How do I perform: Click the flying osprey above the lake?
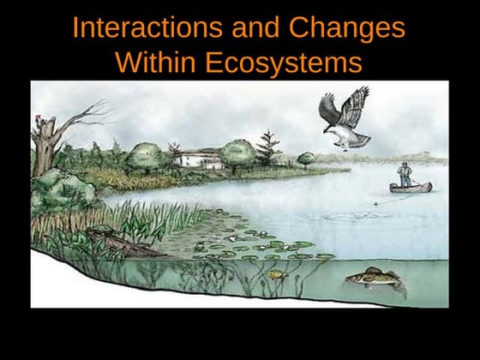(345, 118)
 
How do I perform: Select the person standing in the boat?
(405, 173)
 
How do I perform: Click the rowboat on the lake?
(411, 187)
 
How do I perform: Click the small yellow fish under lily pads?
(275, 275)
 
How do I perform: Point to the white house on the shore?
(197, 159)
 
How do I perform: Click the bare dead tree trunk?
(45, 146)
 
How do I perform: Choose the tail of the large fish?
(399, 288)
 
